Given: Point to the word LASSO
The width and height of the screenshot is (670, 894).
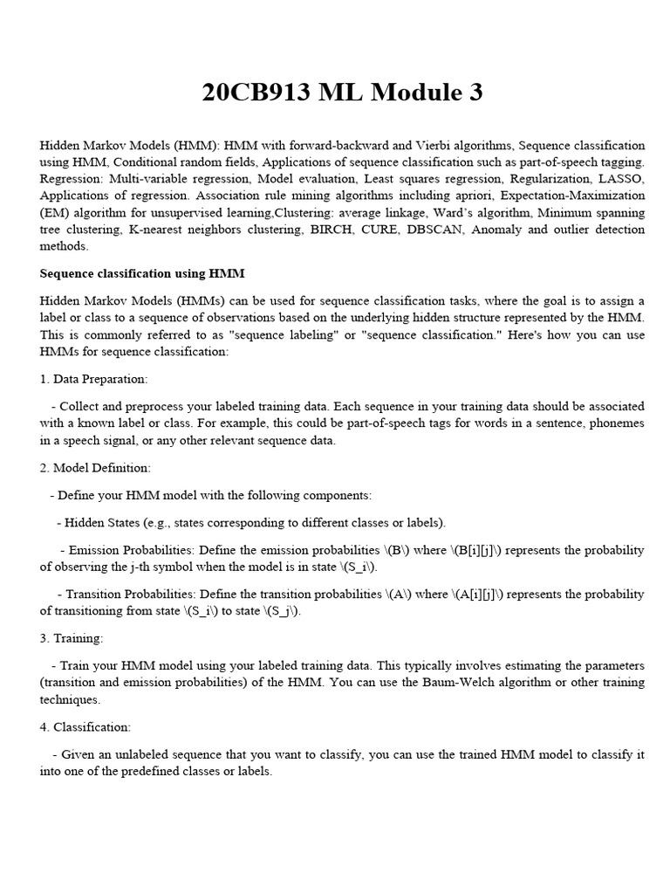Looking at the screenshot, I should (620, 178).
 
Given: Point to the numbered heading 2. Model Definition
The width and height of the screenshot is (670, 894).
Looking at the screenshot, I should (95, 468).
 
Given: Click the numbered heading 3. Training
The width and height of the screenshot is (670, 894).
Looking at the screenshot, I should (72, 638).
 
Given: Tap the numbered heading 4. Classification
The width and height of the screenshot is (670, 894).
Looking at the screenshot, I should (85, 726).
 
